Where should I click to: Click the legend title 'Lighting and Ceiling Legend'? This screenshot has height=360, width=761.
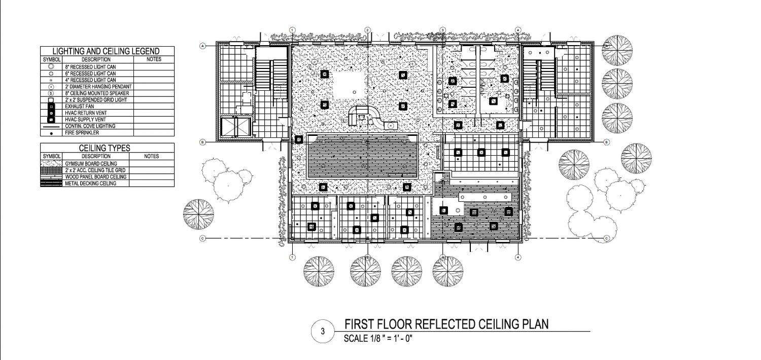[x=106, y=51]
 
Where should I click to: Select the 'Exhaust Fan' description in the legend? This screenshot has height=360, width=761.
[x=80, y=106]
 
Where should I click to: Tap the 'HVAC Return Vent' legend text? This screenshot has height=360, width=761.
[x=86, y=113]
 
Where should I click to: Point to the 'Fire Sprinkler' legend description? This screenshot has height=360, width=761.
[x=82, y=133]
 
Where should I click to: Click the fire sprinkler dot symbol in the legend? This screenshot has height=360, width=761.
[x=51, y=133]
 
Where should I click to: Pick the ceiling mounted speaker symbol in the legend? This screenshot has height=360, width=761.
[x=51, y=93]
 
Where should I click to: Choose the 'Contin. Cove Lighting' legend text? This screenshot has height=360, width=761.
[x=90, y=126]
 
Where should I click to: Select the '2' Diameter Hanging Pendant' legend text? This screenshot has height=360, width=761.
[x=98, y=87]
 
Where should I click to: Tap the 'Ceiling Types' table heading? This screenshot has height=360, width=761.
[x=105, y=148]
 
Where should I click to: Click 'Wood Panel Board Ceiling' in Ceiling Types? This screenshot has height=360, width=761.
[x=96, y=177]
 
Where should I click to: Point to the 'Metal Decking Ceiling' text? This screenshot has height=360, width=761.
[x=91, y=184]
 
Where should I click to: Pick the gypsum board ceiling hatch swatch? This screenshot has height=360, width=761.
[x=51, y=164]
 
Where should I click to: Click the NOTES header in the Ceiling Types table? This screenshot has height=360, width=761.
[x=152, y=156]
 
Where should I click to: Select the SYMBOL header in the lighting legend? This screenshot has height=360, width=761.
[x=52, y=59]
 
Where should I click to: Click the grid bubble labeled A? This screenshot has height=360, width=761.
[x=203, y=46]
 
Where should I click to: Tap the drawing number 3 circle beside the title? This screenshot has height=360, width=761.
[x=323, y=331]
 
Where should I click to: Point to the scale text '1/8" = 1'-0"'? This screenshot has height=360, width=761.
[x=391, y=339]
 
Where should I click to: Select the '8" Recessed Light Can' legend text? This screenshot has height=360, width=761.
[x=90, y=67]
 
